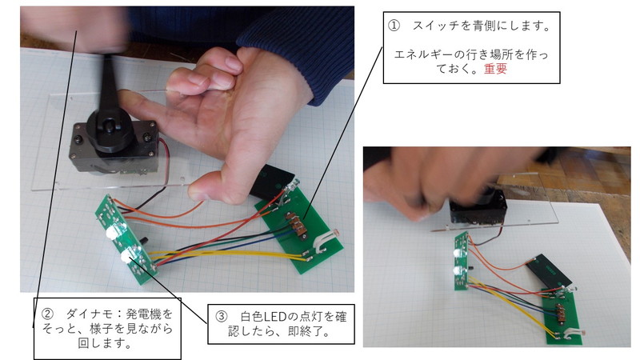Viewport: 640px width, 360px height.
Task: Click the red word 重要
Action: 495,69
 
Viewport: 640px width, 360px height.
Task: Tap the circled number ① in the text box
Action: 394,26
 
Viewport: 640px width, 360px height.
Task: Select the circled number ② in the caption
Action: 47,314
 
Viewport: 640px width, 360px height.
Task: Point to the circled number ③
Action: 222,316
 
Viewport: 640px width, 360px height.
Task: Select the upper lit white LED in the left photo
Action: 113,233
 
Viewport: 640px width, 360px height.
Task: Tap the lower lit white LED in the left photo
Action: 128,256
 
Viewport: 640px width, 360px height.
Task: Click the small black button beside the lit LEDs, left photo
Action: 144,239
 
